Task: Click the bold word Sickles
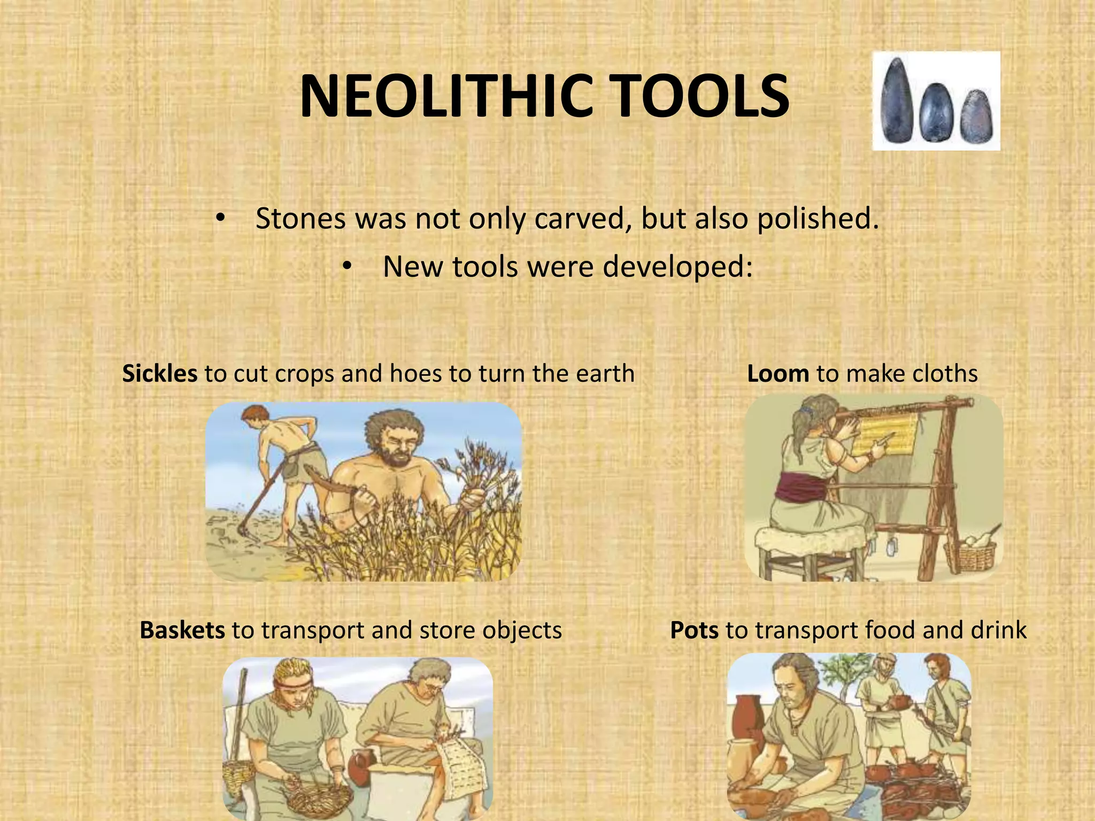click(159, 374)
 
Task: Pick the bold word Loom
click(778, 374)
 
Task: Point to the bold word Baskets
click(182, 630)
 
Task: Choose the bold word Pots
click(694, 630)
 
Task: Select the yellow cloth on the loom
click(888, 436)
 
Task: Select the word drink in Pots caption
click(998, 630)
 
